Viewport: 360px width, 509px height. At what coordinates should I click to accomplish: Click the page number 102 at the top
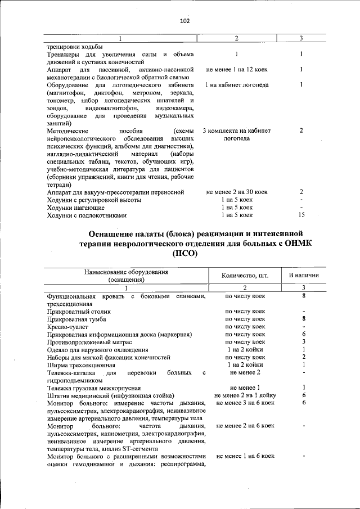tap(184, 21)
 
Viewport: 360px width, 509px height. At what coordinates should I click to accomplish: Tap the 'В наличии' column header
tap(304, 276)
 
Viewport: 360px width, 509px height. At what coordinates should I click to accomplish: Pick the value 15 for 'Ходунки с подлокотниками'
tap(302, 215)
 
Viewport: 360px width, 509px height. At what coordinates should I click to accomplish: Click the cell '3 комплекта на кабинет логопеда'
tap(236, 134)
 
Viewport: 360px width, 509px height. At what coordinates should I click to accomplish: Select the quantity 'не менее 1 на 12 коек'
tap(236, 70)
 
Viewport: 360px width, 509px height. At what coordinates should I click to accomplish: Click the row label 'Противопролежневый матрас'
tap(89, 341)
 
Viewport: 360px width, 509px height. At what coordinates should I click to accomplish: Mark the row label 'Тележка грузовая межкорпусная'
tap(93, 388)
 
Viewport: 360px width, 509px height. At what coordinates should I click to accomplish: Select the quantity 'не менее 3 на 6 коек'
tap(245, 403)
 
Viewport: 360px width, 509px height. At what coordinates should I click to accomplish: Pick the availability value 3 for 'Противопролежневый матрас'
tap(303, 341)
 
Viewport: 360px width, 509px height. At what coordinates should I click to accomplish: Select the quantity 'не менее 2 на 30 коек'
tap(236, 192)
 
